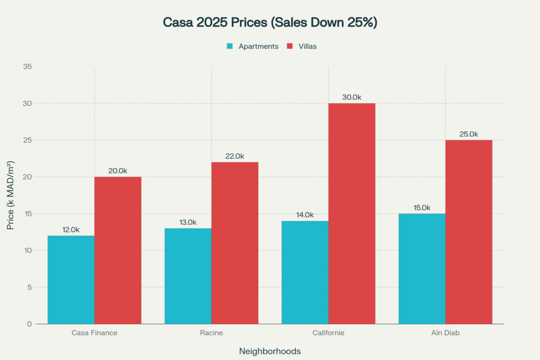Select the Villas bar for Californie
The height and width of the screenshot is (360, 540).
pyautogui.click(x=352, y=213)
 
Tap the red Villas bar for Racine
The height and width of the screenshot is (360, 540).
pyautogui.click(x=235, y=242)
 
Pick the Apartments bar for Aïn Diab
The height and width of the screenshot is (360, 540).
pyautogui.click(x=422, y=269)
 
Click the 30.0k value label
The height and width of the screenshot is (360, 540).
pyautogui.click(x=352, y=97)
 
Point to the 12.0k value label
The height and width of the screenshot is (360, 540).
pyautogui.click(x=71, y=229)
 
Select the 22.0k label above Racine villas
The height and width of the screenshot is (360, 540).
pyautogui.click(x=235, y=156)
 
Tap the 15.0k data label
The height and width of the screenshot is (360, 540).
pyautogui.click(x=422, y=207)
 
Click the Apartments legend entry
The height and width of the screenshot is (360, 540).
pyautogui.click(x=258, y=46)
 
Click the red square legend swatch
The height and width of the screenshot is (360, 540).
pyautogui.click(x=290, y=46)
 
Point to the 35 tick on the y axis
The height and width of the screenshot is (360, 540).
pyautogui.click(x=27, y=67)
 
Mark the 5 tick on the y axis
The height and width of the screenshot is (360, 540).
pyautogui.click(x=30, y=287)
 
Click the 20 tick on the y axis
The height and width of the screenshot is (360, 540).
pyautogui.click(x=27, y=177)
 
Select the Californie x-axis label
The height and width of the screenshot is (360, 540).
pyautogui.click(x=329, y=333)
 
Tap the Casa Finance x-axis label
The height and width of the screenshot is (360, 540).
pyautogui.click(x=94, y=333)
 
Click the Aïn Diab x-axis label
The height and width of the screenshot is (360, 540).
pyautogui.click(x=445, y=333)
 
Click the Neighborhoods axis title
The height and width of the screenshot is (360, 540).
pyautogui.click(x=270, y=351)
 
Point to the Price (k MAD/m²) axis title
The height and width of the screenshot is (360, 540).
pyautogui.click(x=11, y=195)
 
